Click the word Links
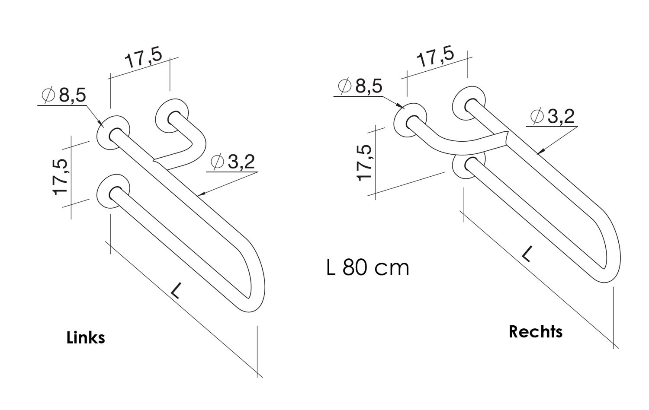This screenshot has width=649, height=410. [86, 337]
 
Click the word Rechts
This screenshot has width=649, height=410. [535, 331]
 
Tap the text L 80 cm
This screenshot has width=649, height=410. [367, 267]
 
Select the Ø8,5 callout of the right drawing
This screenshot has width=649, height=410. [360, 86]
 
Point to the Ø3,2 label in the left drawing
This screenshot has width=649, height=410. [232, 162]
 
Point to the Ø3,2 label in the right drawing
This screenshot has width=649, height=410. [552, 116]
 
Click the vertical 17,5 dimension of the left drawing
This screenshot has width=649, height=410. [60, 177]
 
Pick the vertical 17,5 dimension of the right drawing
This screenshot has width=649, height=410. [364, 162]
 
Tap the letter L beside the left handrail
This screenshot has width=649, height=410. [175, 290]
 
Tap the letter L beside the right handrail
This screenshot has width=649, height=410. [526, 254]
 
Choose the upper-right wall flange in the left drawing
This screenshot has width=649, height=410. [173, 116]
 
